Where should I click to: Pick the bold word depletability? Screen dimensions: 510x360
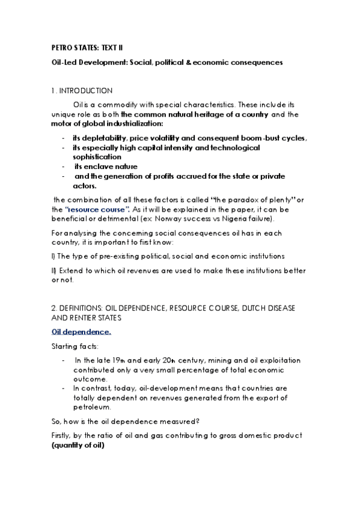108,138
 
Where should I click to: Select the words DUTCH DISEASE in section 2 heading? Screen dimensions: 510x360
269,308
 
